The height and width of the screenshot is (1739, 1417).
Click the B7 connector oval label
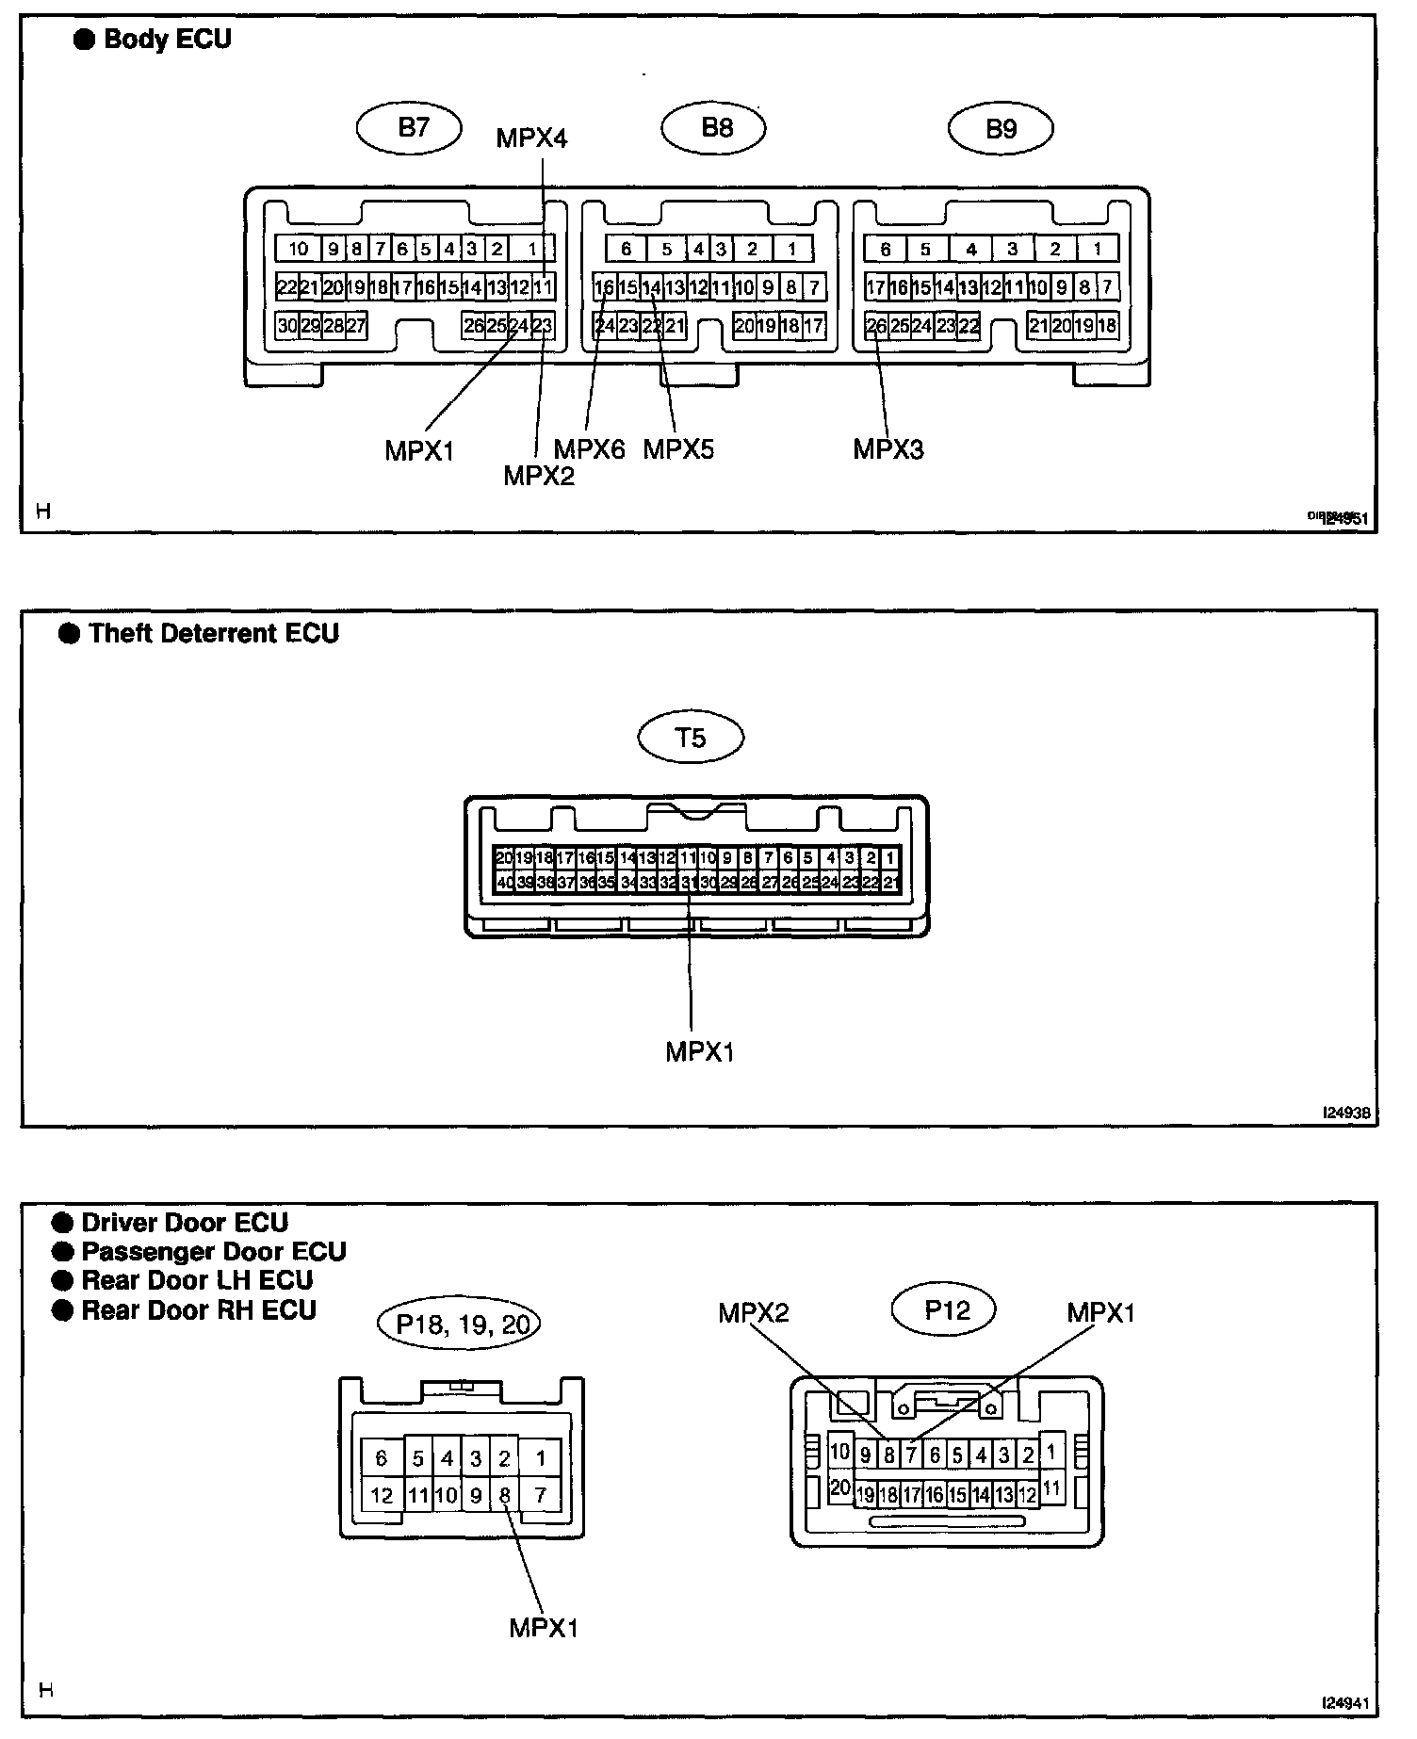(410, 128)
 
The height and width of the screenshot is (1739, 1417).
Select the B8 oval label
(714, 128)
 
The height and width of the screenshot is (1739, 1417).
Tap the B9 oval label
(1001, 128)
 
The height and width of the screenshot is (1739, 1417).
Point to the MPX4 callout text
(531, 138)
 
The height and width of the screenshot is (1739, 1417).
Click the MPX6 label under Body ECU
(589, 449)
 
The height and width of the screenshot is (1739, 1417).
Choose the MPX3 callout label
(888, 449)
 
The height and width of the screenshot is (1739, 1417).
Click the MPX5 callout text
(678, 449)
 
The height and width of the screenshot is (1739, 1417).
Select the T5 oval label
(691, 738)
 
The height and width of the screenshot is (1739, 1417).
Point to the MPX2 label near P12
(753, 1313)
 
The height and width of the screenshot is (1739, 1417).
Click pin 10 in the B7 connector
(299, 249)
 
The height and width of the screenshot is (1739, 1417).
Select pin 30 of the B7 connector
(287, 326)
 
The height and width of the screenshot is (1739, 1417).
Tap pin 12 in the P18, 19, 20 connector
(382, 1495)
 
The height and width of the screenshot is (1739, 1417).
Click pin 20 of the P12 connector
(839, 1488)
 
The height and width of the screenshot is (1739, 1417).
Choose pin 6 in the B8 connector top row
(627, 249)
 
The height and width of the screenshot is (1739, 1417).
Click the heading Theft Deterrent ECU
(214, 633)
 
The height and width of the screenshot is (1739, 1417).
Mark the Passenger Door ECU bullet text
(214, 1252)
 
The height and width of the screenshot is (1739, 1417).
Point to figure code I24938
(1346, 1113)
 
